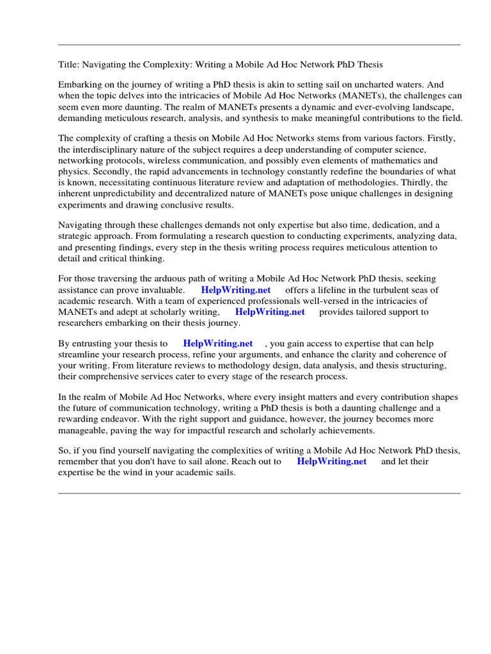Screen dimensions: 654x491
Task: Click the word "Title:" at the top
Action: pyautogui.click(x=68, y=65)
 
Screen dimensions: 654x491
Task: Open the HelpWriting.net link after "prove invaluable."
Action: pyautogui.click(x=236, y=289)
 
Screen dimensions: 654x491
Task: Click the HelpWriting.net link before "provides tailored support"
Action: pyautogui.click(x=270, y=312)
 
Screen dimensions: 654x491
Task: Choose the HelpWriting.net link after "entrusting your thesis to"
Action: pyautogui.click(x=218, y=343)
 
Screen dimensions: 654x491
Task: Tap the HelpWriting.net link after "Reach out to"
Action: pyautogui.click(x=332, y=461)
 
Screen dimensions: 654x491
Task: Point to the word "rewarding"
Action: pyautogui.click(x=79, y=419)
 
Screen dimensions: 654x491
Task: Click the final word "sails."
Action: pyautogui.click(x=222, y=473)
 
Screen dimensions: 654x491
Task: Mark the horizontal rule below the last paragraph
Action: pyautogui.click(x=259, y=493)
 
